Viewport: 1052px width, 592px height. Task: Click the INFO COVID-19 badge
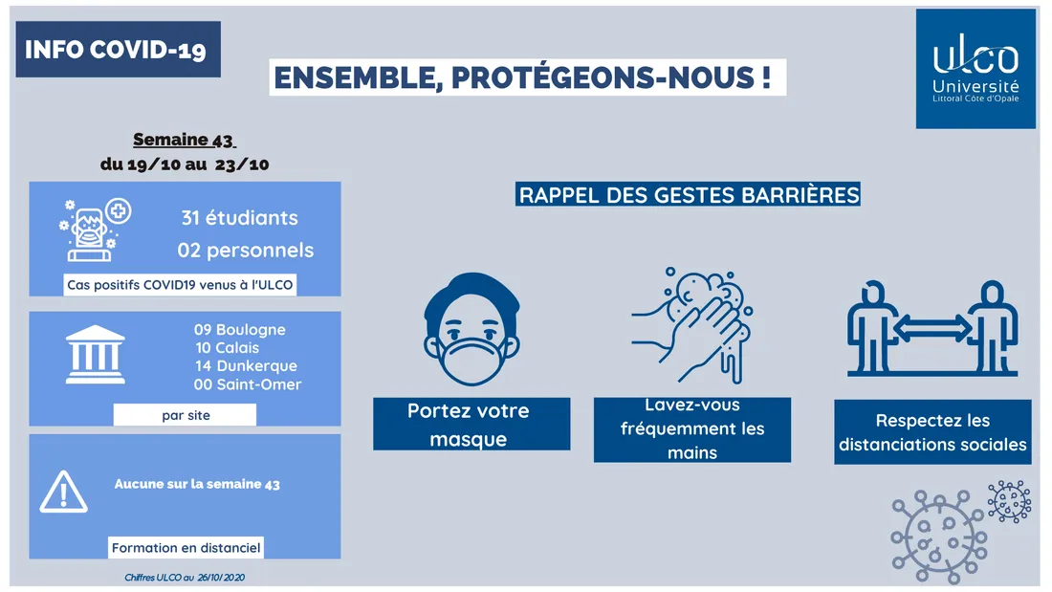118,49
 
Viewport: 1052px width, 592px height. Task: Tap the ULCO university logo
975,69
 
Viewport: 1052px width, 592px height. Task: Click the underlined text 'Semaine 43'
184,140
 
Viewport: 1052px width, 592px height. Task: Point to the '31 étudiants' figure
239,217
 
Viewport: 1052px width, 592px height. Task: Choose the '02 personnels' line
246,251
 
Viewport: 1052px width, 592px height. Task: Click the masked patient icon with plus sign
95,230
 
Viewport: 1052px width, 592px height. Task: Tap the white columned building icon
96,355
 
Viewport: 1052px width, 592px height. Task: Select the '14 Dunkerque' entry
246,365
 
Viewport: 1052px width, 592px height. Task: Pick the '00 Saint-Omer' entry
248,384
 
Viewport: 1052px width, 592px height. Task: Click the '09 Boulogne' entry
240,330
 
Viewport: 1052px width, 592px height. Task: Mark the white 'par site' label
185,415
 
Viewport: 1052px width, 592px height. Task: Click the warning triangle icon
64,492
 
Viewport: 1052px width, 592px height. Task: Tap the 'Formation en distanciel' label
186,548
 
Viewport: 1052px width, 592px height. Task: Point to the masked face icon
471,329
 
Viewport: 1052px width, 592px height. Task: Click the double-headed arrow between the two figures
931,328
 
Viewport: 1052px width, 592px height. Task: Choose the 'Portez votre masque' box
471,424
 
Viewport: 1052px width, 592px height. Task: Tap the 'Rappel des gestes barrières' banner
689,195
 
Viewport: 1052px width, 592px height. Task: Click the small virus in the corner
1009,501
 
